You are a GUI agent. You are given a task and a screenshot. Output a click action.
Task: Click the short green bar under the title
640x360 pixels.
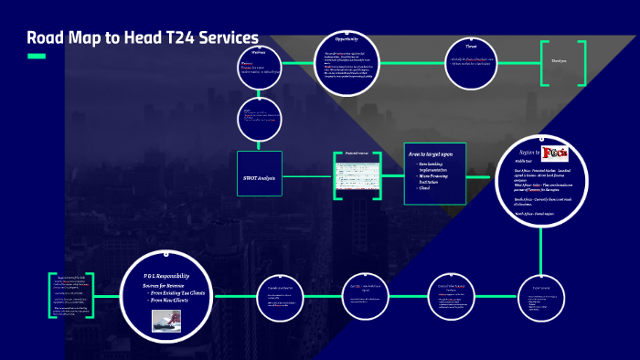(37, 57)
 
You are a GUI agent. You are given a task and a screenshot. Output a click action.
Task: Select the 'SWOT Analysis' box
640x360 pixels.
(261, 177)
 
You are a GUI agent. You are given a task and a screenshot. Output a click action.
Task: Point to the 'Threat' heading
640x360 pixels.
(472, 45)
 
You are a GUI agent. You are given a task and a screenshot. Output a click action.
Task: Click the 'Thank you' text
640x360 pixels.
(558, 62)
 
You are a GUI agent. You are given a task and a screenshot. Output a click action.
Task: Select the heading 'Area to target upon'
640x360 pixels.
(431, 155)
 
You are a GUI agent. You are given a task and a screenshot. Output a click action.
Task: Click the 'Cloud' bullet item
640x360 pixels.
(423, 187)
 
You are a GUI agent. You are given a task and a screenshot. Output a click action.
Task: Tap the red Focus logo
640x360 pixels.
(556, 152)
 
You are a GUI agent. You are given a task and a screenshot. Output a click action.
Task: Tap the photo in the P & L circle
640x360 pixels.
(165, 320)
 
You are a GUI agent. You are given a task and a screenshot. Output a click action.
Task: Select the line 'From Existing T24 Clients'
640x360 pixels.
(178, 292)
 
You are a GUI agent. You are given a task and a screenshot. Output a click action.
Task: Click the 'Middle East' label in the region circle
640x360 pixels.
(525, 161)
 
